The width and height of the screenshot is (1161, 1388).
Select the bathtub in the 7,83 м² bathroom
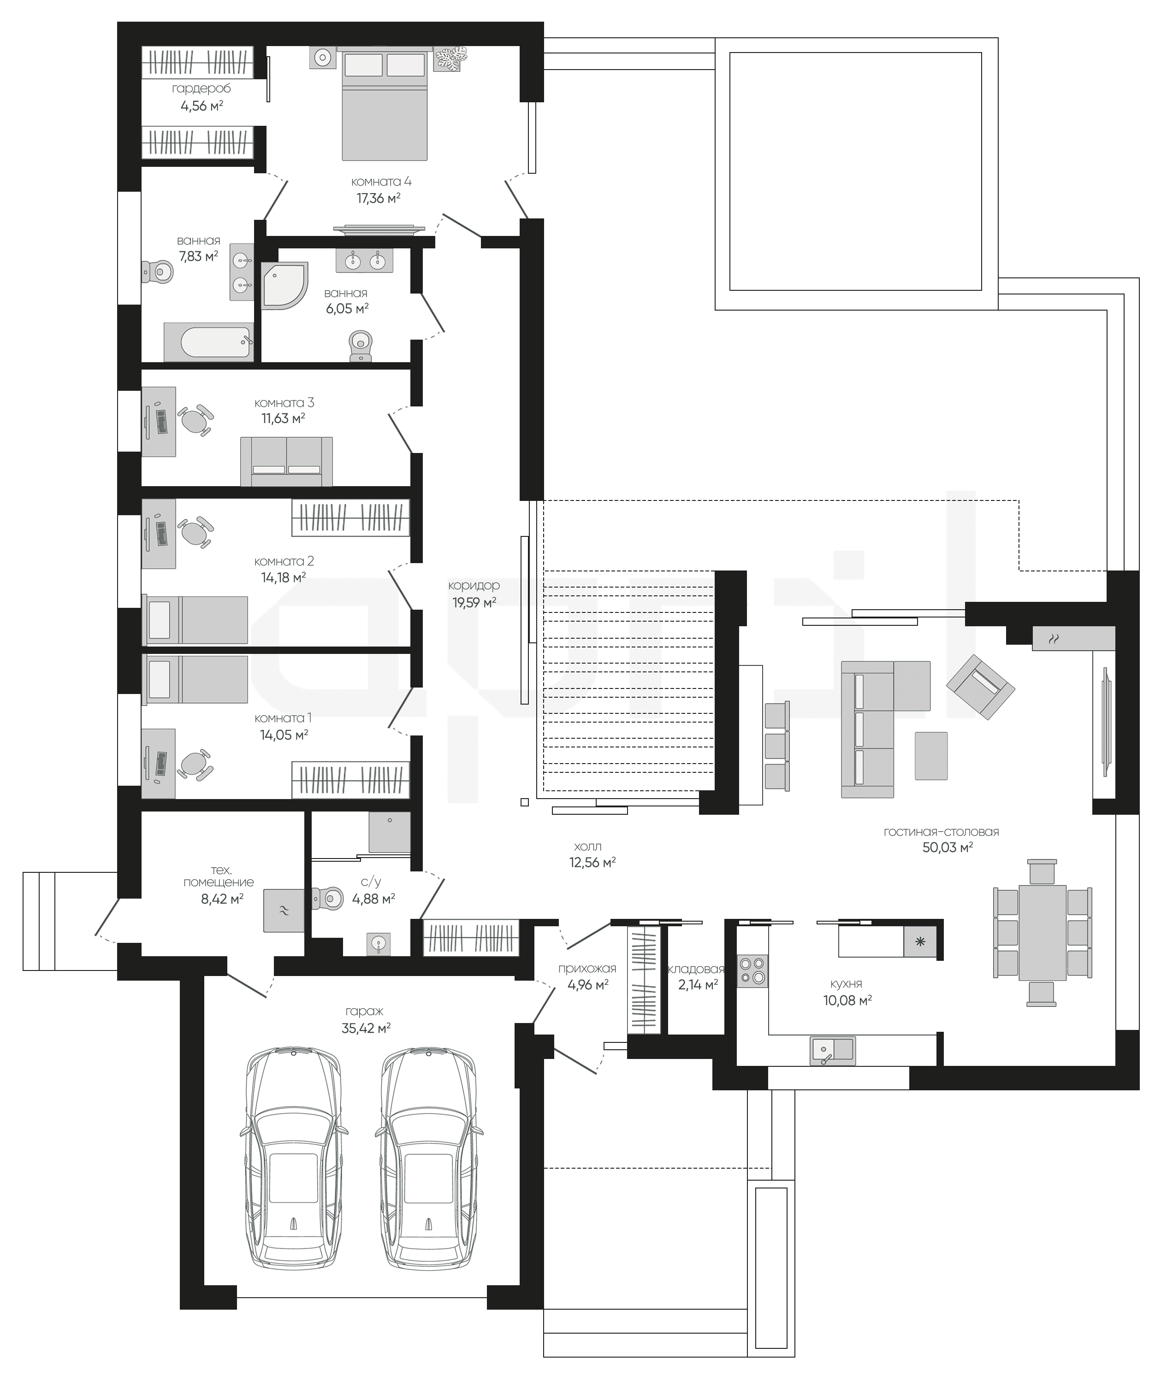click(x=208, y=342)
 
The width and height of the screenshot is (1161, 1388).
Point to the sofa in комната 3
click(x=286, y=461)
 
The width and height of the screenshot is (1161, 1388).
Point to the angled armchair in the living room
click(x=981, y=686)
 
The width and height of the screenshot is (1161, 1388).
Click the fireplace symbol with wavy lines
click(x=1054, y=639)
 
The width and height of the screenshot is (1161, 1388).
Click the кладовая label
click(x=696, y=969)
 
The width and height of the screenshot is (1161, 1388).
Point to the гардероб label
click(x=201, y=88)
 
